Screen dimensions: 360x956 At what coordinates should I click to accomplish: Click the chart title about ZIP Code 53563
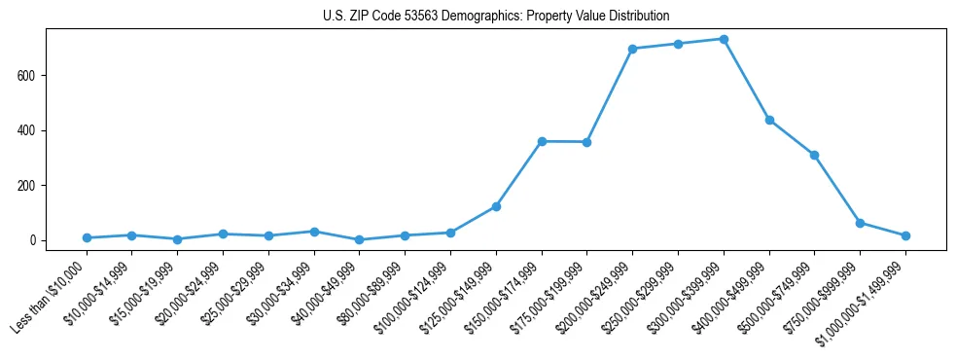[x=496, y=16]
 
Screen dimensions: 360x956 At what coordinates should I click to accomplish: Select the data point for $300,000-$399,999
[x=724, y=39]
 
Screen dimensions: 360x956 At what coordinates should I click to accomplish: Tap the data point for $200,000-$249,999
[x=632, y=49]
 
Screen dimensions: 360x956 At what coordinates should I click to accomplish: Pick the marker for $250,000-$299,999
[x=678, y=44]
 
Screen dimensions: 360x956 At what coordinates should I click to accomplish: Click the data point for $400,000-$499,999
[x=769, y=121]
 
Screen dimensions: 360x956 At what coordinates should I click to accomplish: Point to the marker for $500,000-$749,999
[x=814, y=155]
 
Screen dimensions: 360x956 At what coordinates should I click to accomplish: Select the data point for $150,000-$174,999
[x=542, y=141]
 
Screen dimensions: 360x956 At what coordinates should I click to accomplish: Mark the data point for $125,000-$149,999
[x=496, y=206]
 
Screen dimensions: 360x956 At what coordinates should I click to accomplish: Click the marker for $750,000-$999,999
[x=860, y=223]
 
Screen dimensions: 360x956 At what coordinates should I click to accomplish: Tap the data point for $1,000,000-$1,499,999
[x=905, y=235]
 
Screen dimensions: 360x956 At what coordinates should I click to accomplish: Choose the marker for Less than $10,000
[x=87, y=237]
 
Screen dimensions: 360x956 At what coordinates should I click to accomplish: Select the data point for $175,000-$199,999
[x=586, y=142]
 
